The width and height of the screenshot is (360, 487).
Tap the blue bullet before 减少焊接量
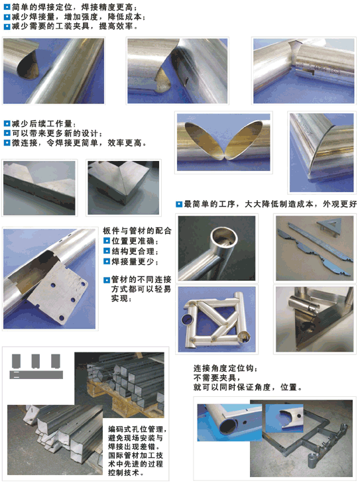pos(7,17)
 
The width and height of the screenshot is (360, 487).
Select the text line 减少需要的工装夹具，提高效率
pos(75,26)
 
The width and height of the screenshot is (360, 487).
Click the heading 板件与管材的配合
pos(137,231)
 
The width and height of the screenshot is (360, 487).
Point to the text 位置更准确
pos(135,241)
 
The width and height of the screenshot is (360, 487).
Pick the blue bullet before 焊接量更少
pos(107,262)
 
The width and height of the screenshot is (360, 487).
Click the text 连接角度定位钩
pos(225,368)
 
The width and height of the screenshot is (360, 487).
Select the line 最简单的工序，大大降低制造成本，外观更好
pos(270,204)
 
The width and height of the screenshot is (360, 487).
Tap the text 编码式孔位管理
pos(137,429)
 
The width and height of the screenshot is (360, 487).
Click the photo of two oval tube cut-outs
pos(223,142)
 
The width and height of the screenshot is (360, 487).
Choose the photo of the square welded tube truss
pos(217,319)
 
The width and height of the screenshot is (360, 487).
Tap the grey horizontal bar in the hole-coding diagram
pos(36,374)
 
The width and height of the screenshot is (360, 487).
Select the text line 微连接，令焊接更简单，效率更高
pos(79,143)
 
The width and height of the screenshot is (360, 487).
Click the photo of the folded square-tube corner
pos(123,188)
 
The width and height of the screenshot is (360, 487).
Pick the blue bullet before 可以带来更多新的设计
pos(7,133)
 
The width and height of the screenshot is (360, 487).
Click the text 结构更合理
pos(135,251)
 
